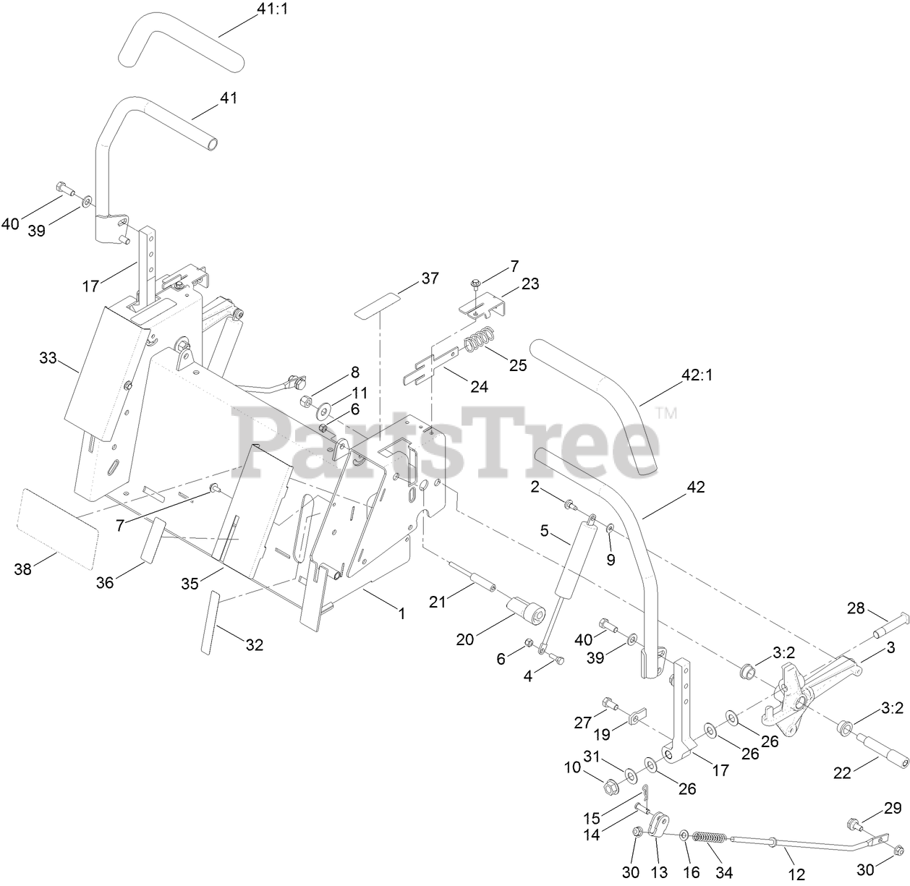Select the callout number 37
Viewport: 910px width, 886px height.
pyautogui.click(x=430, y=278)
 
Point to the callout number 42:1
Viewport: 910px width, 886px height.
pyautogui.click(x=697, y=376)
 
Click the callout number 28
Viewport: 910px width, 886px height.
pyautogui.click(x=856, y=609)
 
